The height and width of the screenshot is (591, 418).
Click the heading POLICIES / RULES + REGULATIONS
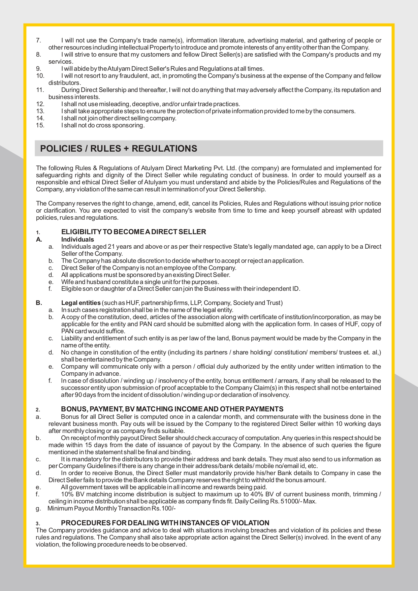point(119,149)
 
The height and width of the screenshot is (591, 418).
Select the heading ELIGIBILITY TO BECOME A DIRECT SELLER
point(133,232)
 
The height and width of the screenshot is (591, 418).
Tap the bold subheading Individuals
point(77,240)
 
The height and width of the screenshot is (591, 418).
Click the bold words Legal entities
point(81,303)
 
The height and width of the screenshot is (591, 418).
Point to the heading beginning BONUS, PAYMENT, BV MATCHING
point(172,409)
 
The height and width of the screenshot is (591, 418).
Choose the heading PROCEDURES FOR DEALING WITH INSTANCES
point(165,523)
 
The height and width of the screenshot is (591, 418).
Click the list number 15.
point(40,125)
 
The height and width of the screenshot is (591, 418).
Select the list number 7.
point(38,40)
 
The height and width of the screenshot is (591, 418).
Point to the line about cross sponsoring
point(103,125)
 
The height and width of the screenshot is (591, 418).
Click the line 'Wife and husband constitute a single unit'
point(140,282)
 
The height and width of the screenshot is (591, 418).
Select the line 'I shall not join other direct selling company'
point(119,118)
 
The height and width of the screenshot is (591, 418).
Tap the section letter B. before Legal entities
point(39,303)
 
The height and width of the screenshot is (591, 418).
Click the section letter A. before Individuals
point(39,240)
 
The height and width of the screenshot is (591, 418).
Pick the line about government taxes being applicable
point(164,487)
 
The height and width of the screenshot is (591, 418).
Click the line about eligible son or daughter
point(181,289)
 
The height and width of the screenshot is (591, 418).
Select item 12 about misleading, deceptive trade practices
point(151,104)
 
